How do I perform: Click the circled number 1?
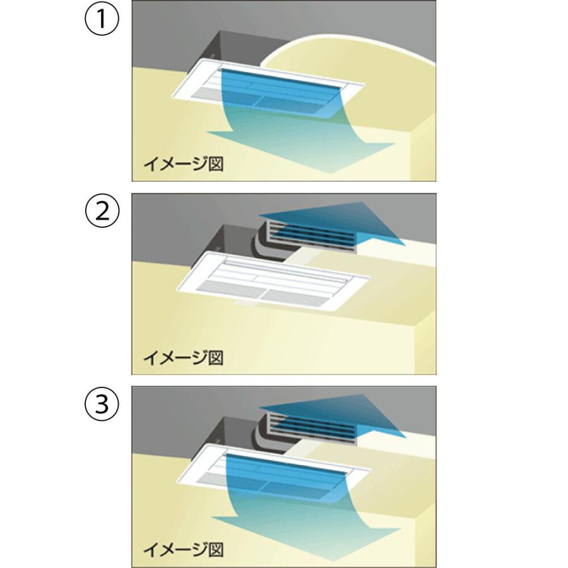[102, 18]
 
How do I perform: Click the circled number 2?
[102, 211]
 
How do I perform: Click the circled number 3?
[102, 403]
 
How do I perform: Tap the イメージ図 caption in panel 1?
[183, 163]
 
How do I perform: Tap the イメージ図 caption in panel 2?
[183, 358]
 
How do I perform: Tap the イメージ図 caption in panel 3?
[183, 550]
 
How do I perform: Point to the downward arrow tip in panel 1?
[330, 173]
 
